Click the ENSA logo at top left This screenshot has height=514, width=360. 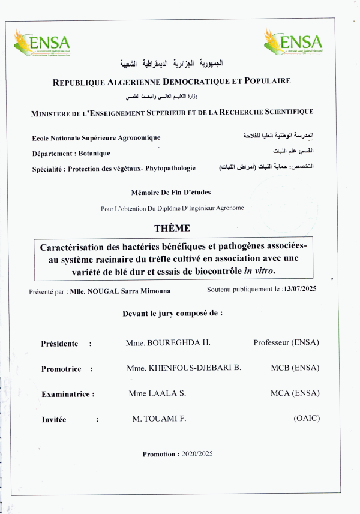(x=42, y=43)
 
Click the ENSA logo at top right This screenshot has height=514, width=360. (x=293, y=43)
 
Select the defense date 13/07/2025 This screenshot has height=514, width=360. (x=299, y=289)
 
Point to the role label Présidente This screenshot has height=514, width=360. (x=59, y=344)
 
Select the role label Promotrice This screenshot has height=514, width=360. (x=61, y=369)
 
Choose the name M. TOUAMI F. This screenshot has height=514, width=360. (x=159, y=419)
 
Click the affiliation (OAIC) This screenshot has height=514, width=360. (x=307, y=419)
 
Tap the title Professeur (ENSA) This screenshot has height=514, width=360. (x=286, y=342)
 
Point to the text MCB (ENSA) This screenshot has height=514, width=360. (x=295, y=368)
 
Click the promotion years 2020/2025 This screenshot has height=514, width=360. (x=197, y=454)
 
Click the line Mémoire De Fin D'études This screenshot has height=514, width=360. (x=170, y=192)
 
